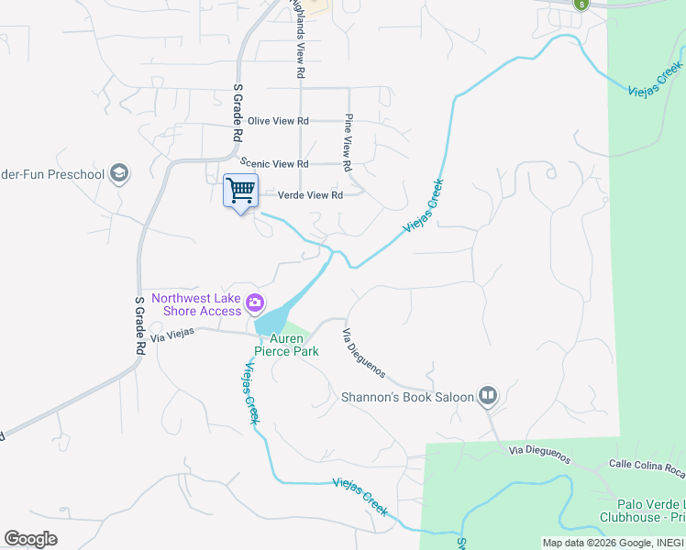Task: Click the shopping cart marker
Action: tap(240, 192)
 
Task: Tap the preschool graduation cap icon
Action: tap(118, 172)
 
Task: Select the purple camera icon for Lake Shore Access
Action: tap(255, 303)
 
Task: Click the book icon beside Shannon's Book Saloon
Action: tap(487, 397)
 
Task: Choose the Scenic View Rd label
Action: tap(275, 164)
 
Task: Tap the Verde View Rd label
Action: tap(310, 195)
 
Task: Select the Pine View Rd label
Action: tap(349, 143)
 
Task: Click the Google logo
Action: tap(30, 539)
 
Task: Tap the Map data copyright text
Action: tap(613, 543)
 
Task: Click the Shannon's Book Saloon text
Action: tap(407, 397)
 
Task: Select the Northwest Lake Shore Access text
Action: tap(196, 303)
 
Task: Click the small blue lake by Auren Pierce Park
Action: tap(271, 322)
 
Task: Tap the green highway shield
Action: tap(581, 4)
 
